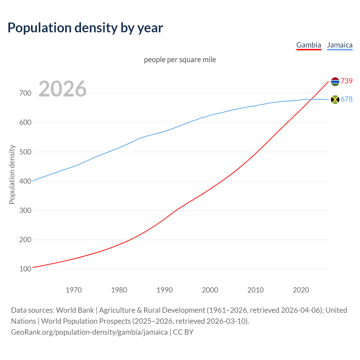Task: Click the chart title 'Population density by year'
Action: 85,28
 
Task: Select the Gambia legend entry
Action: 309,45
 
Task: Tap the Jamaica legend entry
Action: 340,45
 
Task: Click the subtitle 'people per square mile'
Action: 180,60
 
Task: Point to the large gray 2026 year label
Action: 62,89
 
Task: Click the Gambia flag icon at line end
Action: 335,82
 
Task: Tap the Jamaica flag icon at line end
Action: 335,99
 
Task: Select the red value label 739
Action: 346,81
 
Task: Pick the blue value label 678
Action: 346,99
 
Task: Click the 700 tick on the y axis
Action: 25,93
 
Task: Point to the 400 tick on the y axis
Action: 25,181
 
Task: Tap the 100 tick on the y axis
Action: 25,269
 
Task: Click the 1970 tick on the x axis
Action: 74,290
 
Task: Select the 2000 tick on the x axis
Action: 210,290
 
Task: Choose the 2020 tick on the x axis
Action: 301,290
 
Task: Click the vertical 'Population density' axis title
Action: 12,174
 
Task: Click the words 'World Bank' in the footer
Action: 75,310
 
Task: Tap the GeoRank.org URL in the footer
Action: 89,332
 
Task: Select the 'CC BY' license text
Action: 183,332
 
